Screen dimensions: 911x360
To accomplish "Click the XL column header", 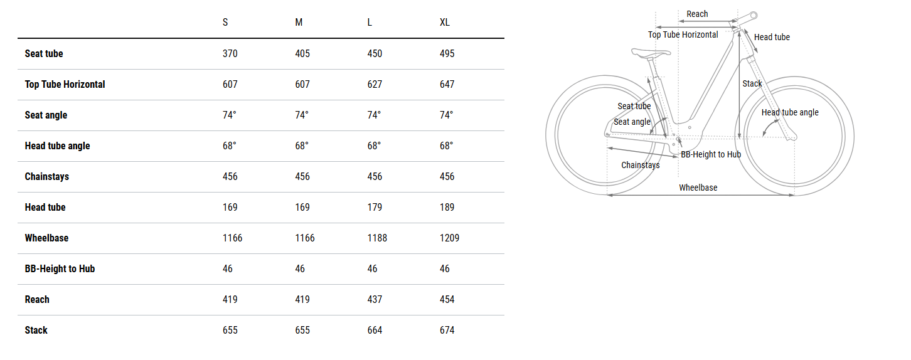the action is pos(444,23).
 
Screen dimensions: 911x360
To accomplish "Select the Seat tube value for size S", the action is pos(230,54).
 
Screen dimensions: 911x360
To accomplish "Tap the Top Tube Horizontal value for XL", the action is pos(447,85).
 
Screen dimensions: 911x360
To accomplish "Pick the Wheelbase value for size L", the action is pos(377,238).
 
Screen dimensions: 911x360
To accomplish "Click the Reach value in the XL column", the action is pos(447,299).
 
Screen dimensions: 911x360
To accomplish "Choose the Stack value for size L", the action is pos(375,331).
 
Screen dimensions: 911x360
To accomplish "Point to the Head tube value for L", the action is pos(375,207).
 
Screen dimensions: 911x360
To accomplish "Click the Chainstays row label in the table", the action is pos(47,177).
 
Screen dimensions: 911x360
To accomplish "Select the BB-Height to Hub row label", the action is pos(60,269).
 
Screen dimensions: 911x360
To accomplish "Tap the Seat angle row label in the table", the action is pos(46,115).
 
